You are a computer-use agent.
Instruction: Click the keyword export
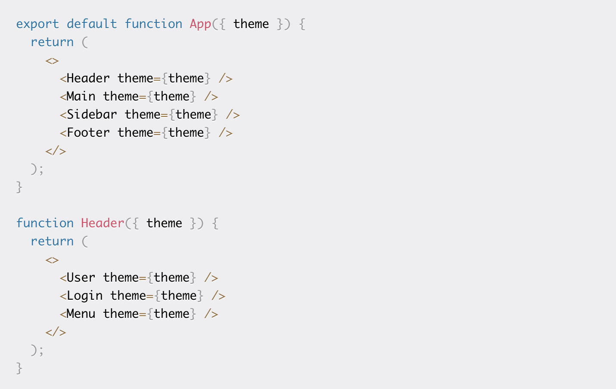pos(37,25)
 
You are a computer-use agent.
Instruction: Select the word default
pos(92,24)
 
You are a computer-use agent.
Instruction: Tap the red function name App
pos(200,25)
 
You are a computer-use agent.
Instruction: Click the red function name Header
pos(102,223)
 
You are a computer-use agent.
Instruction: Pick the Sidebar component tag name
pos(92,114)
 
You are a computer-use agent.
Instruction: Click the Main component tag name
pos(81,96)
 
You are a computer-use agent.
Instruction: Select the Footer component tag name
pos(88,132)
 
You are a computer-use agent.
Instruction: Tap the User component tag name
pos(81,277)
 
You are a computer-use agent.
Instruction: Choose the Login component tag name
pos(85,296)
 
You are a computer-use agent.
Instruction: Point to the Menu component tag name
pos(81,314)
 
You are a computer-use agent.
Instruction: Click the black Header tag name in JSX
pos(88,78)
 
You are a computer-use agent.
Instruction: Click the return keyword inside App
pos(52,42)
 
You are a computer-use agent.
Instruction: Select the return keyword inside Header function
pos(52,242)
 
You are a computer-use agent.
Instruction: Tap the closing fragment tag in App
pos(56,151)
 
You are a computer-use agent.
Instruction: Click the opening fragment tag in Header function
pos(52,260)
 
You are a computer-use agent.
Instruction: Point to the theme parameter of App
pos(251,24)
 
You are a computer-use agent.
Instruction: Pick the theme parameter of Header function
pos(164,223)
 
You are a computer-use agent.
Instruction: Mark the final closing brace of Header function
pos(19,368)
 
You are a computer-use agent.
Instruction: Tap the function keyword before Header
pos(45,223)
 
